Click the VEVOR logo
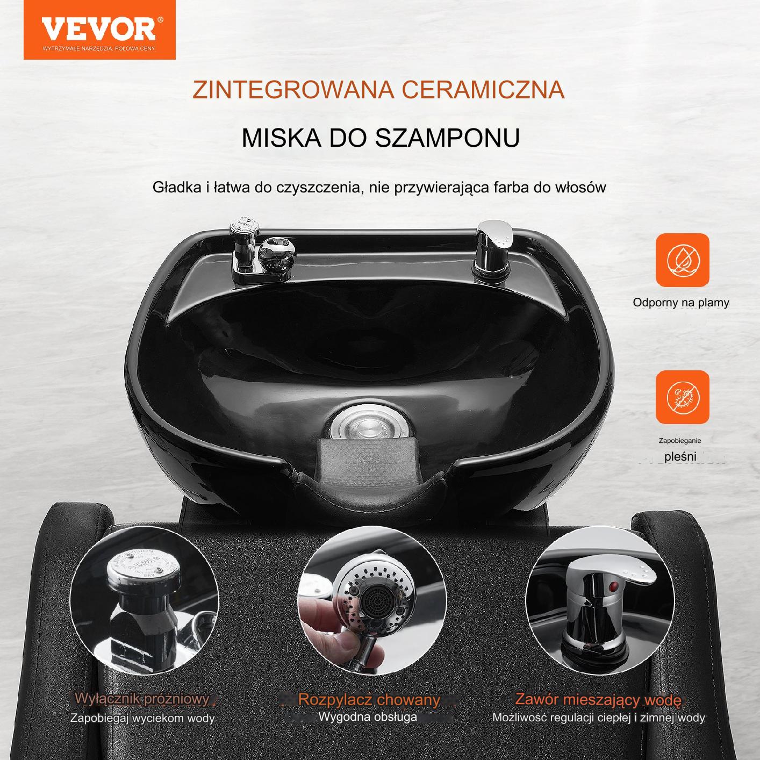point(99,30)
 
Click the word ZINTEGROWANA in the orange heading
point(293,90)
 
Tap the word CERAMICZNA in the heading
point(483,90)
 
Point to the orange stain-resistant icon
point(682,260)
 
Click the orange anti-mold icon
point(682,397)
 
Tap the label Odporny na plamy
point(681,303)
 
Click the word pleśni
point(680,457)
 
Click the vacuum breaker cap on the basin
point(245,226)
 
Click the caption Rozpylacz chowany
point(369,700)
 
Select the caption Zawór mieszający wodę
point(598,699)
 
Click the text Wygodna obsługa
point(368,716)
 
